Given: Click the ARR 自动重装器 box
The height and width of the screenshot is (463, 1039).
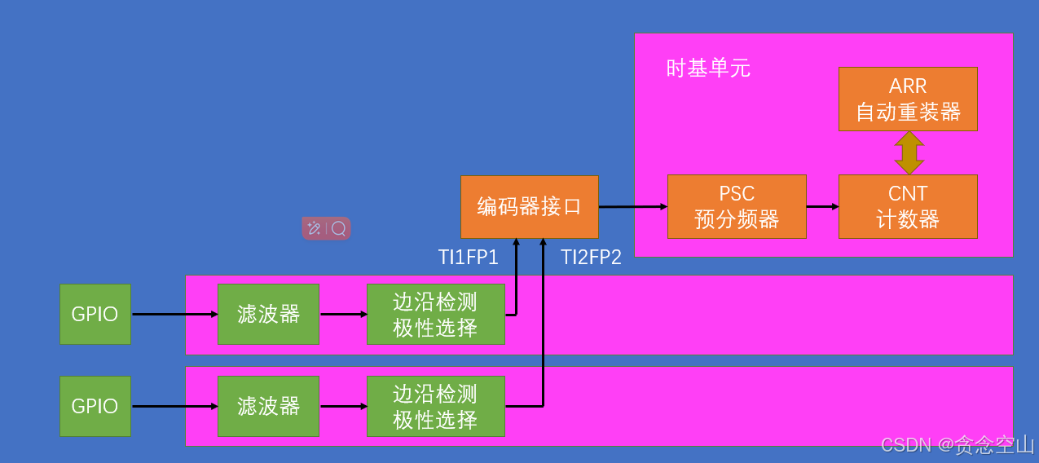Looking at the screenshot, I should [908, 99].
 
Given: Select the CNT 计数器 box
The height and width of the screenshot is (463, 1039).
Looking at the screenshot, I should [908, 206].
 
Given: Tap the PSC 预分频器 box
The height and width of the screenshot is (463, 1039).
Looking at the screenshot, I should [737, 206].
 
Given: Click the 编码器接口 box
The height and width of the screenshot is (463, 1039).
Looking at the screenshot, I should [530, 206].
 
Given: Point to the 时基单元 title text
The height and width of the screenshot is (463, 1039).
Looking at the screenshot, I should [708, 68].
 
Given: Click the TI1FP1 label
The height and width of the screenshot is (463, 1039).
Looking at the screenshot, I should [469, 258].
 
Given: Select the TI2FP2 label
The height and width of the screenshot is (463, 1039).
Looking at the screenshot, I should [591, 258].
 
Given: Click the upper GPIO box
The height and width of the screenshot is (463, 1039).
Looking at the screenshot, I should [95, 314].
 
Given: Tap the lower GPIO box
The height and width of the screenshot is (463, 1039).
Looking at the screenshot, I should [95, 406].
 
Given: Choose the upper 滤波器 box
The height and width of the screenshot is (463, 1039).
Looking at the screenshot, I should [268, 314].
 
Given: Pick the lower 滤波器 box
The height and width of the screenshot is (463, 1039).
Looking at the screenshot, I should [268, 406].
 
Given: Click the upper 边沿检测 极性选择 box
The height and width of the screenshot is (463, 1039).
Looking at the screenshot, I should [435, 314].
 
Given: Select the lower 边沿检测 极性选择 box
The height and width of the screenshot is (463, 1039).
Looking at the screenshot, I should [435, 406].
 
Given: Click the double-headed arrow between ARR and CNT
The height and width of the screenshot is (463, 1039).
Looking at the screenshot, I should [909, 152].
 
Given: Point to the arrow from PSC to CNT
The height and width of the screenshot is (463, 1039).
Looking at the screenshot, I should [822, 206].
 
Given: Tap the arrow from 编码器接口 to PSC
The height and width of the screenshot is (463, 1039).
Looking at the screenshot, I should [633, 207].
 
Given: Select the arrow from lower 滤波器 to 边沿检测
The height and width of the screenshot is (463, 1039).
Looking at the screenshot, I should [343, 406].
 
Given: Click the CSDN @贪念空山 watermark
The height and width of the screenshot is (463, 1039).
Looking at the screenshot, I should [958, 445].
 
